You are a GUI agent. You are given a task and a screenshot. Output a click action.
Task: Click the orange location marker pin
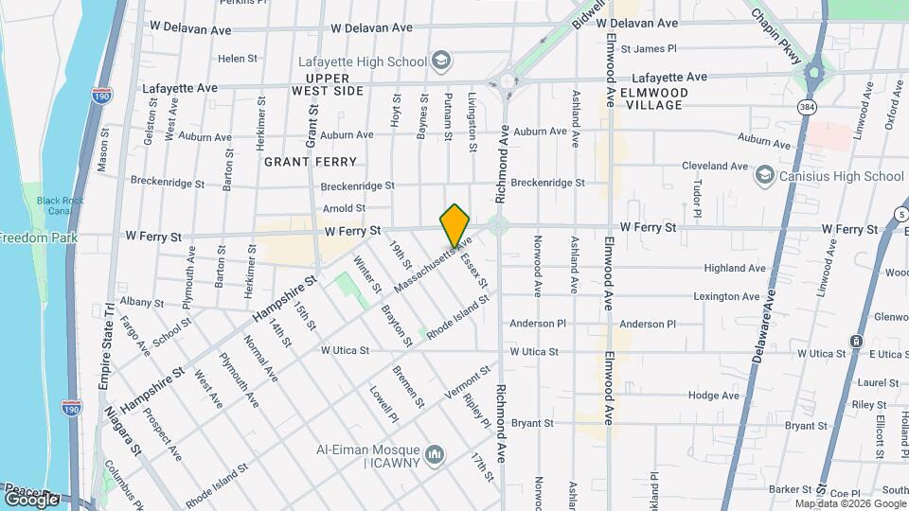pyautogui.click(x=455, y=225)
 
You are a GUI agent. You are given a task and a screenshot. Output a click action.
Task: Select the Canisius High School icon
pyautogui.click(x=764, y=176)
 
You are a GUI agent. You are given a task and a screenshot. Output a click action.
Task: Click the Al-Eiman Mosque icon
pyautogui.click(x=435, y=455)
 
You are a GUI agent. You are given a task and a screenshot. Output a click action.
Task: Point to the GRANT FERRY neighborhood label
pyautogui.click(x=301, y=162)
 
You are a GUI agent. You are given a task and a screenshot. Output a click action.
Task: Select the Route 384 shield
pyautogui.click(x=806, y=105)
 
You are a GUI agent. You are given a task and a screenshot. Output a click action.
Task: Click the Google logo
pyautogui.click(x=32, y=499)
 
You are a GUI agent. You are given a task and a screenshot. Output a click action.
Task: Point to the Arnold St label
pyautogui.click(x=344, y=208)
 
